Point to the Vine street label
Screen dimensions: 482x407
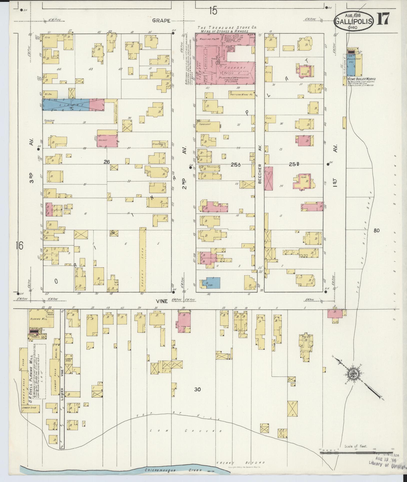point(162,301)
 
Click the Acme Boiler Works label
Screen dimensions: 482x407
point(361,79)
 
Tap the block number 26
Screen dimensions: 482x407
point(107,162)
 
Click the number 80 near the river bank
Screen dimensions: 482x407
point(376,230)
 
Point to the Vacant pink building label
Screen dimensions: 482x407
point(103,140)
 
